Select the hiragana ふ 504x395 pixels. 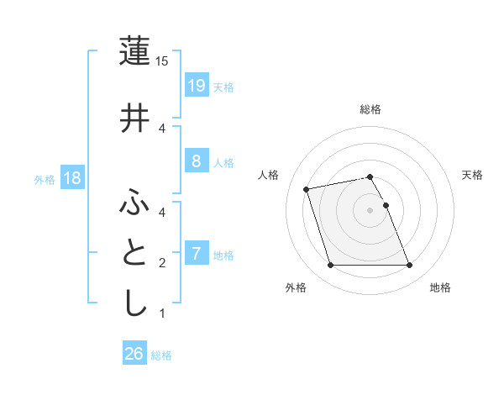click(135, 202)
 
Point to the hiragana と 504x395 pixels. click(135, 253)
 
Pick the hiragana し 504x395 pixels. click(135, 302)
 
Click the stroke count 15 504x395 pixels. click(162, 61)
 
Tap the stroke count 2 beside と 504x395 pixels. click(162, 263)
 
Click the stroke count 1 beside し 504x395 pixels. click(162, 313)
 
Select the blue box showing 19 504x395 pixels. click(196, 86)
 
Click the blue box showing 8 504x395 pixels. click(196, 161)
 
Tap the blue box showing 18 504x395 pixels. click(71, 178)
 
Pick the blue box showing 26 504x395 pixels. click(134, 354)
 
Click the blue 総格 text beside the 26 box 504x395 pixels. click(161, 355)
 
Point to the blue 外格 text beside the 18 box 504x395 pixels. click(45, 180)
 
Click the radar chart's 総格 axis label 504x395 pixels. click(370, 109)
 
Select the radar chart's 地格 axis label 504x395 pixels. click(440, 287)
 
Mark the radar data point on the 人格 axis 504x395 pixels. click(307, 188)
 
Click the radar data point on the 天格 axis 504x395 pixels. click(386, 205)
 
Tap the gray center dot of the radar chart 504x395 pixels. click(370, 210)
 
